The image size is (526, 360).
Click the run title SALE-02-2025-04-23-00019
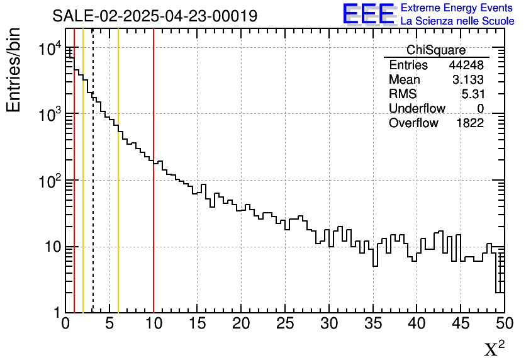[x=155, y=16]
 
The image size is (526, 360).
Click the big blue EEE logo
[x=369, y=14]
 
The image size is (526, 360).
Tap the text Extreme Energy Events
[x=457, y=8]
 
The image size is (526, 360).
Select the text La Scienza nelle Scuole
[x=457, y=21]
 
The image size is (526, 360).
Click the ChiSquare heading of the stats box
[x=436, y=50]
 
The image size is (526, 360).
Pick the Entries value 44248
[x=466, y=65]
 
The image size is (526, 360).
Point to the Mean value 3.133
[x=468, y=80]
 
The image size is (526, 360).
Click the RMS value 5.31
[x=473, y=94]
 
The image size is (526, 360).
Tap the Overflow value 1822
[x=470, y=123]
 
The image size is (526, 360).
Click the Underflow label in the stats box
[x=417, y=109]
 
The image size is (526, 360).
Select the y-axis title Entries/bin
[x=14, y=70]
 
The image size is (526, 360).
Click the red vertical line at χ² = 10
[x=154, y=220]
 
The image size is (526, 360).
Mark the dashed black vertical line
[x=93, y=220]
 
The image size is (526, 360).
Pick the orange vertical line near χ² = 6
[x=118, y=220]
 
